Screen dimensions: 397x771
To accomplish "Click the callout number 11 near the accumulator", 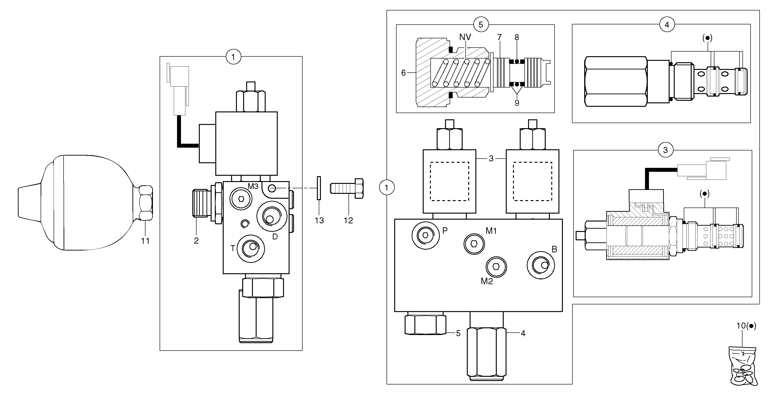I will click(145, 241).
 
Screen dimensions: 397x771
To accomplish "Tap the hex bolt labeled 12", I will click(347, 188).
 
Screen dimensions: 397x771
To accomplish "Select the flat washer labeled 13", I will click(319, 188).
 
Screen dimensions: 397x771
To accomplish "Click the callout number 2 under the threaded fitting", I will click(196, 241).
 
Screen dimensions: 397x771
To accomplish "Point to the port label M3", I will click(253, 186).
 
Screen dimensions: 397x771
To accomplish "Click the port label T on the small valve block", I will click(232, 248).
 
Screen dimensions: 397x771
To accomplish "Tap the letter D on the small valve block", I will click(275, 237).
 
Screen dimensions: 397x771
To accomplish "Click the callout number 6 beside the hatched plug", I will click(403, 73).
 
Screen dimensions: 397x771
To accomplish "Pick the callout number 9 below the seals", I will click(517, 103).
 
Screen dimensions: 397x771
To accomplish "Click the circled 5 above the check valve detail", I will click(481, 25).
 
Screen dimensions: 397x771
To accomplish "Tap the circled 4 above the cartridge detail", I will click(667, 25).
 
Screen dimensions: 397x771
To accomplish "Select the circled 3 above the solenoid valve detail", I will click(665, 150).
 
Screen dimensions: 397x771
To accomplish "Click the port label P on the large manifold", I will click(445, 230).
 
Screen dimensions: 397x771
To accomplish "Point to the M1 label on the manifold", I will click(491, 231).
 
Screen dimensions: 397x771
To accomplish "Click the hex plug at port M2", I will click(496, 267).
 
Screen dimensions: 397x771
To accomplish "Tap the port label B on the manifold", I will click(554, 249).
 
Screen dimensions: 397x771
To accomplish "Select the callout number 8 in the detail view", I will click(517, 37).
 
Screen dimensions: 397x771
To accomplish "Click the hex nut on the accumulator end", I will click(146, 203).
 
